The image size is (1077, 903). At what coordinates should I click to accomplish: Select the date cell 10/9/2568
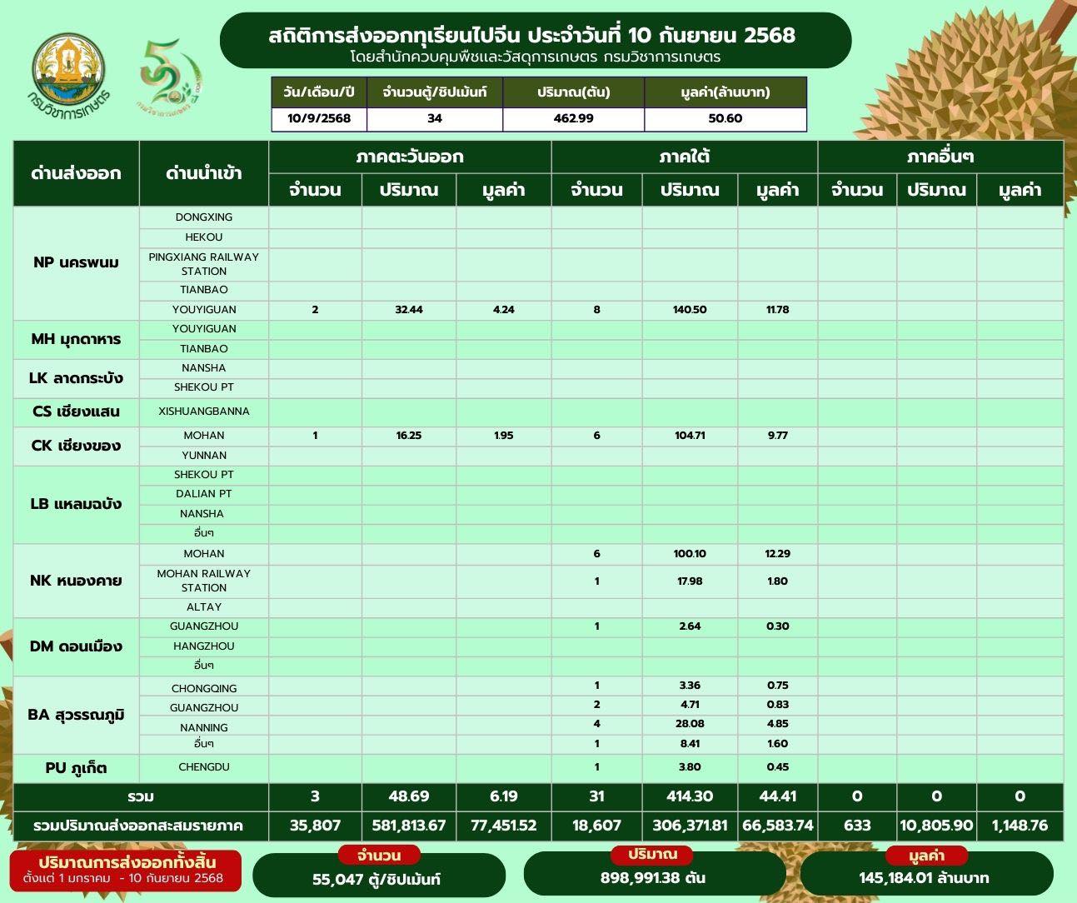point(319,118)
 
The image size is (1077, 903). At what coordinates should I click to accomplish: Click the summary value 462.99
point(573,118)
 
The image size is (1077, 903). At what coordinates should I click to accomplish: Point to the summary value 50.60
point(725,118)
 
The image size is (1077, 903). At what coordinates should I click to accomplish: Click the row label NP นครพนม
point(76,262)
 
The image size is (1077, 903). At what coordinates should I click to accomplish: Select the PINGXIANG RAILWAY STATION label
point(204,263)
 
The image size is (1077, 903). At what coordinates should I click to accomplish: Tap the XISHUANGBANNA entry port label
point(204,411)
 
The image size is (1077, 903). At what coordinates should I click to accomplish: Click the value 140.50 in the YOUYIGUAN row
point(690,309)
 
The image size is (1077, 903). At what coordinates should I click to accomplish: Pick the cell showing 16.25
point(409,435)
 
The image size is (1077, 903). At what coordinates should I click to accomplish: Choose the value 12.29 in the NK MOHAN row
point(777,553)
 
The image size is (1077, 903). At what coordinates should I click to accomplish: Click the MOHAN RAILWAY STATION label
point(204,580)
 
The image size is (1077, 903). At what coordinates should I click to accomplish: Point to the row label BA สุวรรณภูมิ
point(76,715)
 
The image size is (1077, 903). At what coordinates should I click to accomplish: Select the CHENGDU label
point(204,766)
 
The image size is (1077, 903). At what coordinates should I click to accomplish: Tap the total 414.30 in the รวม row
point(690,796)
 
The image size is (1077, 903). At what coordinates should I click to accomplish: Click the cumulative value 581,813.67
point(409,826)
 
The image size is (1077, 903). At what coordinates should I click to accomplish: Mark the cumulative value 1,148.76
point(1020,826)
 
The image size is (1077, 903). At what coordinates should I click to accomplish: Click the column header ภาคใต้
point(684,157)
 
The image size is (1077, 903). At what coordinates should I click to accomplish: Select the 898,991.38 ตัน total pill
point(654,873)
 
